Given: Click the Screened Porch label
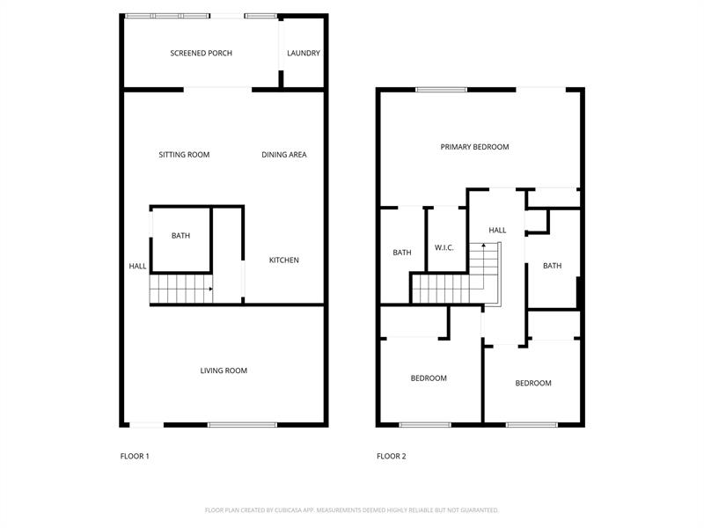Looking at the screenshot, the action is (202, 53).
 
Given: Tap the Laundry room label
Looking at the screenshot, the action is (304, 53).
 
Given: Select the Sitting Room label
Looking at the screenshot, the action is (184, 155).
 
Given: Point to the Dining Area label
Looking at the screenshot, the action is (284, 155).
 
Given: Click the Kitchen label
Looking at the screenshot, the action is (283, 260).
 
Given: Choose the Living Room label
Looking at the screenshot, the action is (224, 370).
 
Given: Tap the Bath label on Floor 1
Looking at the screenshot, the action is (180, 236).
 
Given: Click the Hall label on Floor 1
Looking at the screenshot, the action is (137, 267).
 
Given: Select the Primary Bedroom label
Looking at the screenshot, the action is (474, 147).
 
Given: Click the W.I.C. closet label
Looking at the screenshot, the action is (444, 248).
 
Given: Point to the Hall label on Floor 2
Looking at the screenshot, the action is (497, 231).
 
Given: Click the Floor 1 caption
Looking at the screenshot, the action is (135, 456).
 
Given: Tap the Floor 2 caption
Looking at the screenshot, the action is (392, 456).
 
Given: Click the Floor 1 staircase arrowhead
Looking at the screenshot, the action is (210, 289).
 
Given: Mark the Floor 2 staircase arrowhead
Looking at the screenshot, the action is (483, 246).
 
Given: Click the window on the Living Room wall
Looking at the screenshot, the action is (243, 425).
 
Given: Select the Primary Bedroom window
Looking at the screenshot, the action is (442, 90).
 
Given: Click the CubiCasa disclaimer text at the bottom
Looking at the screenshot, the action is (352, 510).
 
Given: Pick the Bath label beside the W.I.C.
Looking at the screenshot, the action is (402, 253).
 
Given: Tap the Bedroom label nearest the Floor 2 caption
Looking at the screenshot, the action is (429, 378).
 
